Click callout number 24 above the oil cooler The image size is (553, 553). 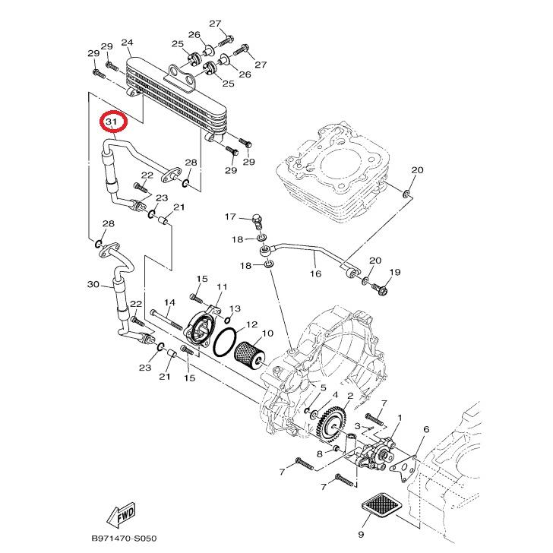pos(127,43)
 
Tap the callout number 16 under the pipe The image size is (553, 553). pos(314,274)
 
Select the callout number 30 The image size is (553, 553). pos(93,285)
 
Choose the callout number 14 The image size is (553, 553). pos(170,302)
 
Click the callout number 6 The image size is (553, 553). pos(426,429)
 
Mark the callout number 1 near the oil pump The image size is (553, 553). pos(400,419)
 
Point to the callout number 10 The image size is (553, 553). pos(267,333)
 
